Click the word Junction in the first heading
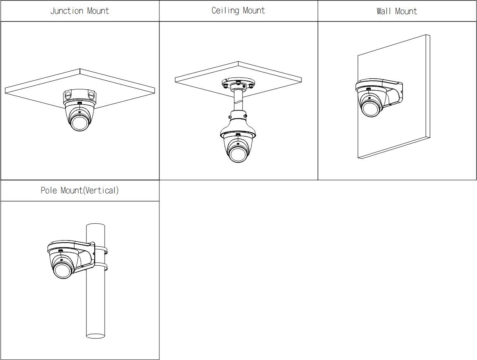pos(66,11)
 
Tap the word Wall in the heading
pos(383,11)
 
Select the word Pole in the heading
pos(49,190)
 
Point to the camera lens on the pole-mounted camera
pos(63,270)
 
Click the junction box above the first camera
pos(79,96)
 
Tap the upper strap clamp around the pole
pos(101,250)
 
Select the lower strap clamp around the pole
pos(101,266)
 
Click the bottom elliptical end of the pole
pos(96,335)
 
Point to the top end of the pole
pos(96,226)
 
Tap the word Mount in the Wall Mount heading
pos(406,11)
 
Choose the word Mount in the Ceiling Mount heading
pos(254,11)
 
